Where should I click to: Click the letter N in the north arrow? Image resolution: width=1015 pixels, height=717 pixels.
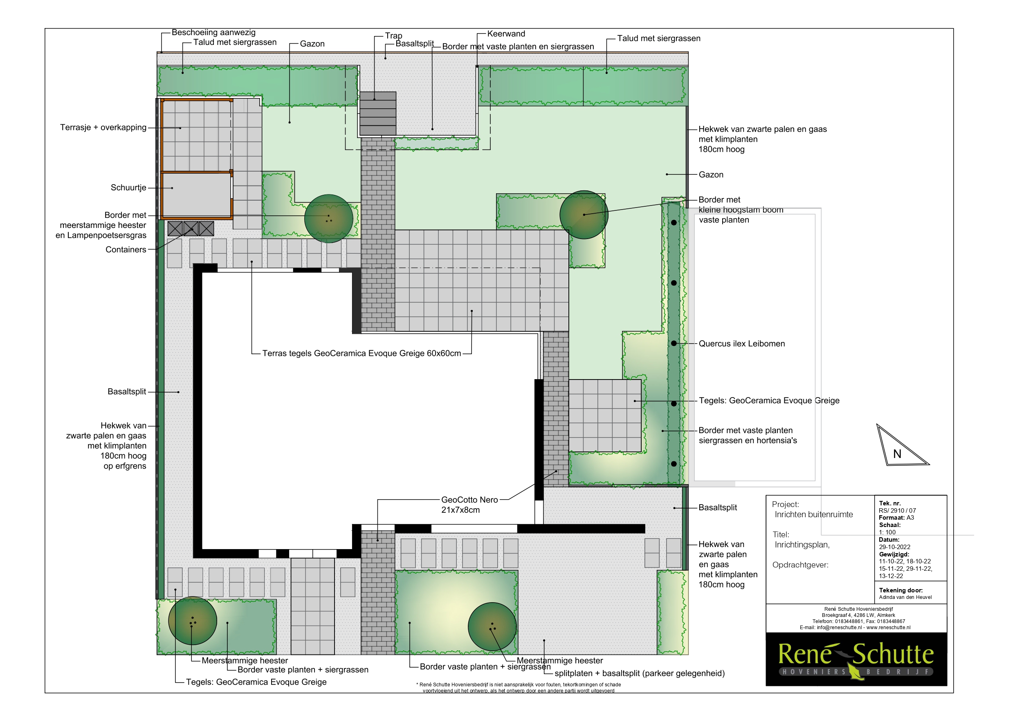click(x=897, y=454)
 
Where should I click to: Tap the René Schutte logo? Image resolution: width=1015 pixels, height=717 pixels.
click(x=856, y=659)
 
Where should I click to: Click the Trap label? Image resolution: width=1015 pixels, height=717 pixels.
click(x=393, y=36)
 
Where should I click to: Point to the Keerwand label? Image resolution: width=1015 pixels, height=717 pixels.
click(x=506, y=34)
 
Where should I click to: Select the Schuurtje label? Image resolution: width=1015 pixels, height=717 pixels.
click(x=128, y=188)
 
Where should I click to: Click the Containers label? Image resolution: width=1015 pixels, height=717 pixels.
click(x=126, y=250)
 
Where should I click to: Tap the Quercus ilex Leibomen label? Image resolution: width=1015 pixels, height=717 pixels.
click(x=742, y=344)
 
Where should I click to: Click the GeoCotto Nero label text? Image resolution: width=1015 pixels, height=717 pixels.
click(x=469, y=505)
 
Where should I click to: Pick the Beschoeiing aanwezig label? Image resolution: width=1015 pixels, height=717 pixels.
click(x=213, y=33)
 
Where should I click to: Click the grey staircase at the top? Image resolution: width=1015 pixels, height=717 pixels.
click(x=377, y=114)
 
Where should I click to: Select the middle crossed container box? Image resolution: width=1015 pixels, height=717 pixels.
click(x=191, y=229)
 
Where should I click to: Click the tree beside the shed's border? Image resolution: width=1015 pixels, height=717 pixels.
click(x=328, y=219)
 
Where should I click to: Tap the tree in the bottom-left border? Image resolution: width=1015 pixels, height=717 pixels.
click(x=193, y=621)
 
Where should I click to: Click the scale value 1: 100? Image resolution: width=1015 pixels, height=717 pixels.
click(x=887, y=532)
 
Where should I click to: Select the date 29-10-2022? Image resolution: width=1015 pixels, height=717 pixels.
click(x=894, y=547)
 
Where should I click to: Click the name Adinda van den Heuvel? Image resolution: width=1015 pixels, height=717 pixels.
click(x=905, y=597)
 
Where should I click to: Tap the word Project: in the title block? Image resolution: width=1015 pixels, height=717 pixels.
click(x=786, y=505)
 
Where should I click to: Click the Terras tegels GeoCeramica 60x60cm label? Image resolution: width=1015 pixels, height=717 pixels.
click(x=362, y=353)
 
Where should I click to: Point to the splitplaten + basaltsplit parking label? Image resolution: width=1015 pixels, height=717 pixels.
click(x=640, y=673)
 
